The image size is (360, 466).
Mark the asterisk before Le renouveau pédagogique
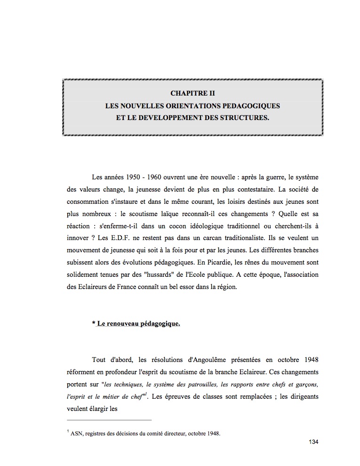(94, 324)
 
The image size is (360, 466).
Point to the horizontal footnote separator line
(109, 419)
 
